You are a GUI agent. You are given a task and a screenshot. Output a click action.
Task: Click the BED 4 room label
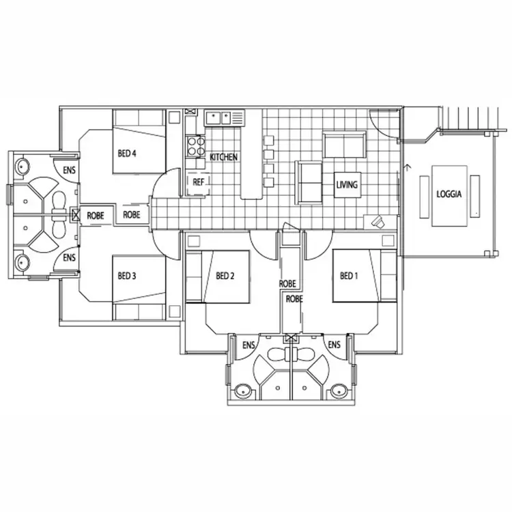tap(128, 154)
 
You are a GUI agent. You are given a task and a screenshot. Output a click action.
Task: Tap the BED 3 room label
tap(128, 276)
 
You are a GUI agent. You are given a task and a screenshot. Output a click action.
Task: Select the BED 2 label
tap(225, 276)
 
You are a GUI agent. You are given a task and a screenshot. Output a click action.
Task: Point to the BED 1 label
tap(348, 276)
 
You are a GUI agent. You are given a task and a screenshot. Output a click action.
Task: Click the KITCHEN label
tap(223, 158)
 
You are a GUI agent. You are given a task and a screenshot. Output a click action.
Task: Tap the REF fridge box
tap(198, 182)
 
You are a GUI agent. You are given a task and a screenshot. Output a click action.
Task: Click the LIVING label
tap(347, 184)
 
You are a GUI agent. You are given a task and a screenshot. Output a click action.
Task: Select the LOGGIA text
tap(449, 194)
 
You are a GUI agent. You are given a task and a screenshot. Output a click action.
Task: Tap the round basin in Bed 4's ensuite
tap(22, 166)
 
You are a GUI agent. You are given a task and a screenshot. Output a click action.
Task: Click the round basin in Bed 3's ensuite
tap(22, 261)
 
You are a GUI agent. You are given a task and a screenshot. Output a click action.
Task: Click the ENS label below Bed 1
tap(335, 345)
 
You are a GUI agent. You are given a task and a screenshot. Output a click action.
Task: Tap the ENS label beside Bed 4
tap(69, 170)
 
